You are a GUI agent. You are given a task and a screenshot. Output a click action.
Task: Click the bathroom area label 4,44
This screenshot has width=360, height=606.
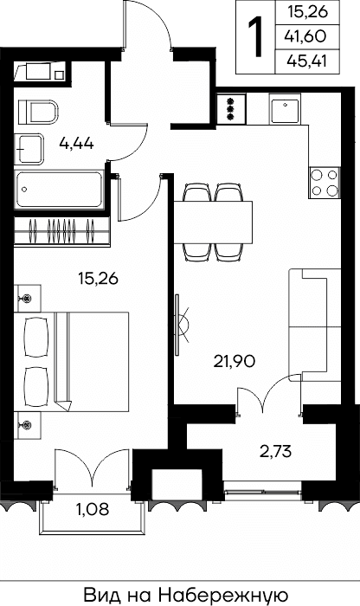(76, 144)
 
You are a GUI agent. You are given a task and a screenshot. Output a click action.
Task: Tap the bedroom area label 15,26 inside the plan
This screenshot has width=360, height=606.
(98, 278)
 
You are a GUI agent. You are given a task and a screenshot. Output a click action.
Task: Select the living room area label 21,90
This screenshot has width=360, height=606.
(235, 362)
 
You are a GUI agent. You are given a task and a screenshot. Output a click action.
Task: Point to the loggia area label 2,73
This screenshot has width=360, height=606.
(275, 451)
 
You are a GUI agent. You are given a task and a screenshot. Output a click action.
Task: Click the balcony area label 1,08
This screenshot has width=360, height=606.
(93, 509)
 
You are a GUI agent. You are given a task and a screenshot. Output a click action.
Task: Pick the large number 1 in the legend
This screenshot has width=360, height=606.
(255, 36)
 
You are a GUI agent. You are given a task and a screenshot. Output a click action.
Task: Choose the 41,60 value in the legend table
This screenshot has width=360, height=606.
(305, 36)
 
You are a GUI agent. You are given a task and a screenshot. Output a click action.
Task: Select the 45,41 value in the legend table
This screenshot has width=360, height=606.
(306, 61)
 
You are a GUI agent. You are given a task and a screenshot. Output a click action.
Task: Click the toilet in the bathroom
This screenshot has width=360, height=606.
(38, 112)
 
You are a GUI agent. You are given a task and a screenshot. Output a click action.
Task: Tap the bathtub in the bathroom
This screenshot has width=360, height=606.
(59, 190)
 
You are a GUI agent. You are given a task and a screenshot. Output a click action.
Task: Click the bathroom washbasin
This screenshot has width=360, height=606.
(29, 149)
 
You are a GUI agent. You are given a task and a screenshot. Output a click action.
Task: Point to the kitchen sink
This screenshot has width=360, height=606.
(285, 108)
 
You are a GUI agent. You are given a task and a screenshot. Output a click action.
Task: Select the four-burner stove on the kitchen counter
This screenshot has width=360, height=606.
(325, 183)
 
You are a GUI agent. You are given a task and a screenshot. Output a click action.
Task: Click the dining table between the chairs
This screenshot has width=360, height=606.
(213, 222)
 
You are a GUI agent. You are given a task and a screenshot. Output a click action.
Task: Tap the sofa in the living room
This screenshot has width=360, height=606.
(315, 326)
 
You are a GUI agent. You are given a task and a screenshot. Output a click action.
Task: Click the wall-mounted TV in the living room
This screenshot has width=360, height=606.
(177, 325)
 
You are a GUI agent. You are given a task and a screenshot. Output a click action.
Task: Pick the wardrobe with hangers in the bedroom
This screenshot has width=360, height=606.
(61, 231)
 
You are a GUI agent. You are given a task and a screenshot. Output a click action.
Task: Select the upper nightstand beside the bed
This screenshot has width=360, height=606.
(28, 299)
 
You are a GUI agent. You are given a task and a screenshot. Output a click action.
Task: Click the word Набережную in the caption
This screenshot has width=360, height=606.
(223, 596)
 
